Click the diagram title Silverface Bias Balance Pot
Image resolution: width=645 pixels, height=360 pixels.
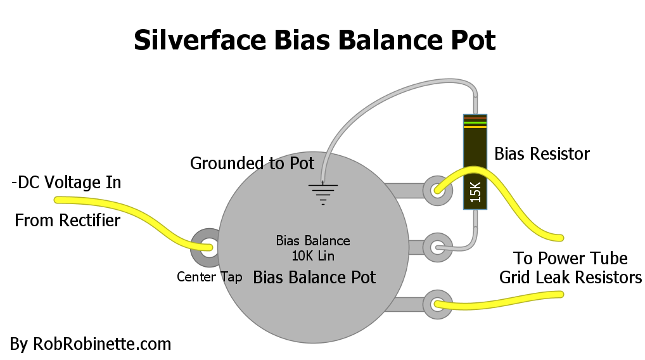click(x=315, y=40)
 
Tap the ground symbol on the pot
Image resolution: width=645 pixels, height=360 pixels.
click(x=323, y=194)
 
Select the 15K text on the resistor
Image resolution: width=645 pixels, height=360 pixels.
click(x=475, y=192)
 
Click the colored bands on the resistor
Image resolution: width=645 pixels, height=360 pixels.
click(x=475, y=122)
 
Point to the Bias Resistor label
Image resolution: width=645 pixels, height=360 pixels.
click(x=542, y=154)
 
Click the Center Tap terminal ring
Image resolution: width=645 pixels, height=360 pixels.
click(x=209, y=247)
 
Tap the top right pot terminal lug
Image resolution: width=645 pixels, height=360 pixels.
click(x=437, y=190)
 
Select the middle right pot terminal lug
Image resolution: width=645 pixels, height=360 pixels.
click(x=437, y=248)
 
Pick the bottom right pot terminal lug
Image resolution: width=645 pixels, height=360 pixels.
click(x=437, y=304)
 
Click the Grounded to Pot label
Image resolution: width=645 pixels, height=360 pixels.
click(x=252, y=164)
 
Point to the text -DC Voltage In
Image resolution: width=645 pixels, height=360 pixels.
click(x=67, y=183)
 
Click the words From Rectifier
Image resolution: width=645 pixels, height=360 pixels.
click(x=67, y=220)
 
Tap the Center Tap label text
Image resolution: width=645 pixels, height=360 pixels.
click(x=209, y=277)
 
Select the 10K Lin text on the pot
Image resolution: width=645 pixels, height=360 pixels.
click(x=313, y=256)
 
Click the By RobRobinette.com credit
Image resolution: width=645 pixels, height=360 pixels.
click(x=91, y=344)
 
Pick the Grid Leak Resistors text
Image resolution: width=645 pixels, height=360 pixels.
click(x=570, y=278)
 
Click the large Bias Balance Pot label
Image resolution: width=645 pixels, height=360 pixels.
click(x=314, y=278)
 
